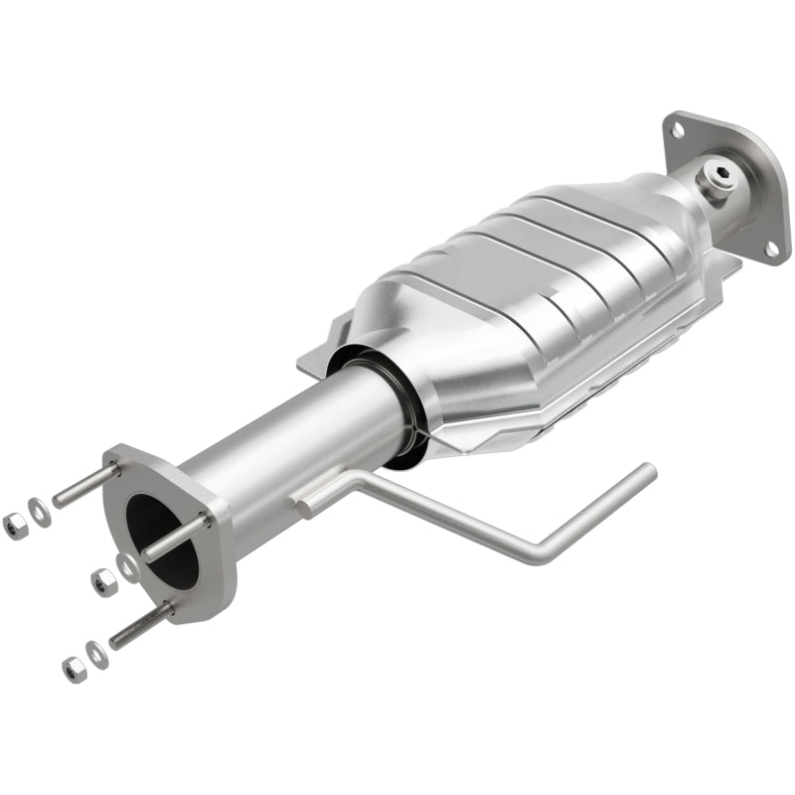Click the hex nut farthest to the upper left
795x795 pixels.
pyautogui.click(x=14, y=526)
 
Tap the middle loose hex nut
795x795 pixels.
pyautogui.click(x=102, y=582)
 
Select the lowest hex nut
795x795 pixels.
pyautogui.click(x=73, y=668)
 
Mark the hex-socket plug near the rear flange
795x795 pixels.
pyautogui.click(x=716, y=180)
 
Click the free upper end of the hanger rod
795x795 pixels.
pyautogui.click(x=649, y=468)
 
